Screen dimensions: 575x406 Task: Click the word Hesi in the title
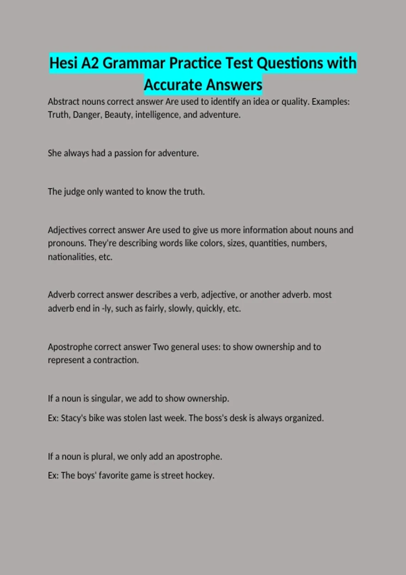tap(63, 63)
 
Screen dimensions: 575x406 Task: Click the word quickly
tap(210, 308)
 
